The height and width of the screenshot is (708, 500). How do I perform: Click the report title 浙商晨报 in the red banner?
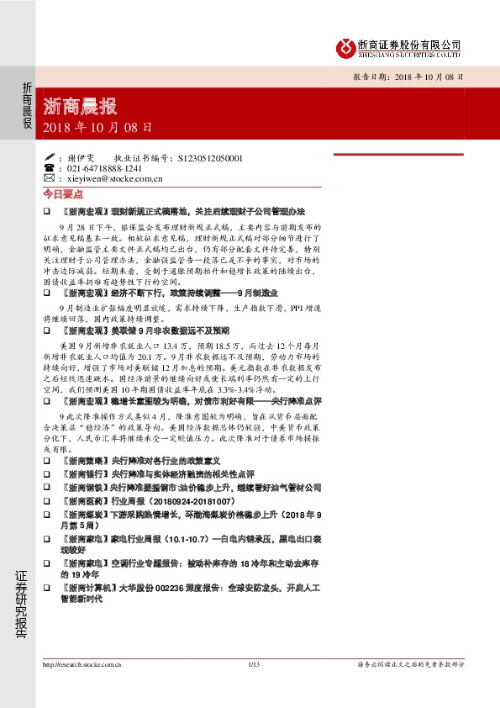coord(80,108)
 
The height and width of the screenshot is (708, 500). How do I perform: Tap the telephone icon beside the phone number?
coord(50,167)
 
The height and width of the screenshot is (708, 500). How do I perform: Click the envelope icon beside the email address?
coord(50,178)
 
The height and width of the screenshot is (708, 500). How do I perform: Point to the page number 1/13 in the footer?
coord(255,664)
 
